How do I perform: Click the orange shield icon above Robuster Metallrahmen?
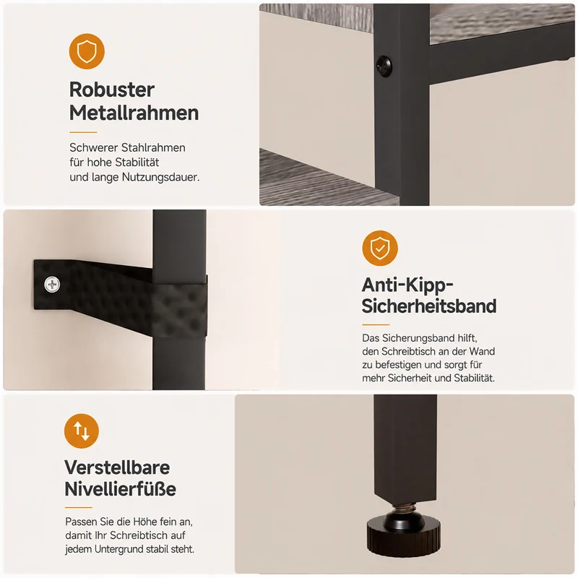[87, 51]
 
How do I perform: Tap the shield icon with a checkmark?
[380, 248]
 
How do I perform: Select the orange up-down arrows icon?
[82, 431]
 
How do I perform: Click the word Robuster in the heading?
[112, 90]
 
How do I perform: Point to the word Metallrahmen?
[134, 113]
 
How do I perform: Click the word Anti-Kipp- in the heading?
[407, 285]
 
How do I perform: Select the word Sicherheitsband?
[429, 306]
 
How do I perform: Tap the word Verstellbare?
[117, 467]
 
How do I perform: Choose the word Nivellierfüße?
[120, 489]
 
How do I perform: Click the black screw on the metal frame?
[384, 66]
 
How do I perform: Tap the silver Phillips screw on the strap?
[52, 285]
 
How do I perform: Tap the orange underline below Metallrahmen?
[83, 132]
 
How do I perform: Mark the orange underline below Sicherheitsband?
[376, 324]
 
